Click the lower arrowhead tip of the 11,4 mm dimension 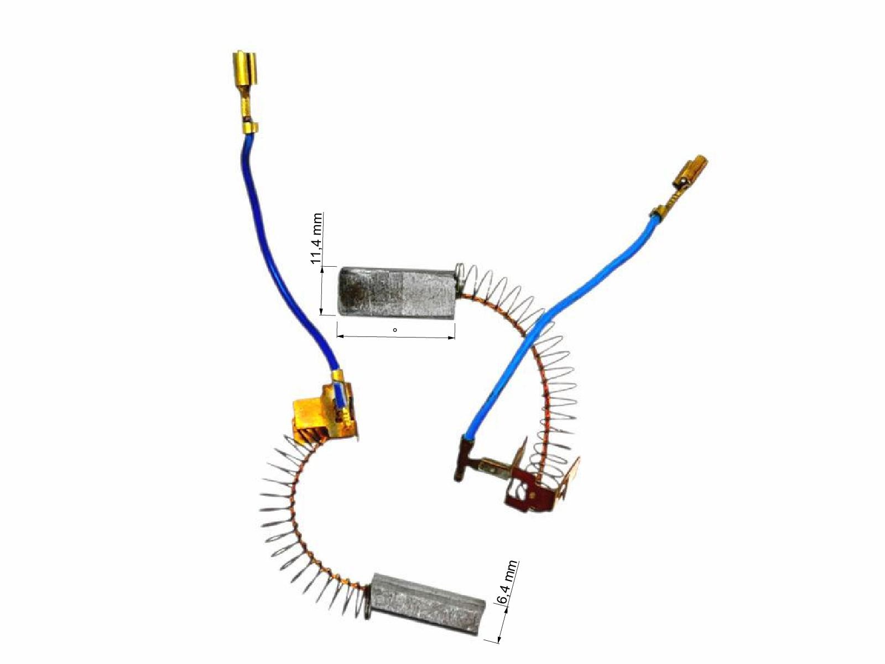322,314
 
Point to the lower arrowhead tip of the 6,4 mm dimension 499,642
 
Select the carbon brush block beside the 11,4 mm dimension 397,290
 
